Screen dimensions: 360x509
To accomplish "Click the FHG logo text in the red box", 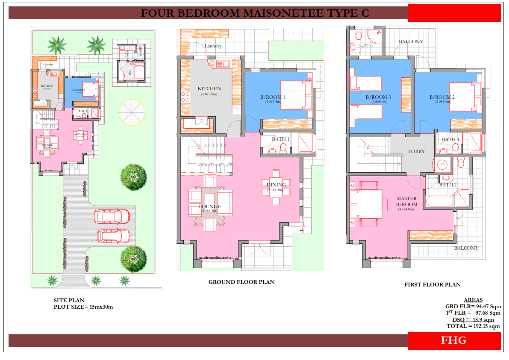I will (x=454, y=340).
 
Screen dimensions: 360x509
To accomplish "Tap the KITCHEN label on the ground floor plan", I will (x=209, y=89).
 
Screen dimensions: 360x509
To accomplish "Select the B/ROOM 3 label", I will (x=378, y=97).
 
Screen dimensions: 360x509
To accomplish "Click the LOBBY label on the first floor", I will (x=416, y=151).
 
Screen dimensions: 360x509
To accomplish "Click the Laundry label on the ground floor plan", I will (x=213, y=46).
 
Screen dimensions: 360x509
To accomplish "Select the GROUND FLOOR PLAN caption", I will (x=241, y=282).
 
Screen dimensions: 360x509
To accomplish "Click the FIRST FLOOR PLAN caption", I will (x=433, y=284).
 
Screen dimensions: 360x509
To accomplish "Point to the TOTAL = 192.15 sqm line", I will (x=473, y=326).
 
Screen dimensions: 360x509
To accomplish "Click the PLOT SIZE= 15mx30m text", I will (x=83, y=307).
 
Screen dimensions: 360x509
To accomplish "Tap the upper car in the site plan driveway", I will (x=112, y=216).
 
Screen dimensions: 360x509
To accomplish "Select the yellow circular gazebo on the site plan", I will (x=132, y=112).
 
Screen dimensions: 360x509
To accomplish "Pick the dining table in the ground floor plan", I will (x=276, y=188).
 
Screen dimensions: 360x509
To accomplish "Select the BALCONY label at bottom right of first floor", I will (x=466, y=248).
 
